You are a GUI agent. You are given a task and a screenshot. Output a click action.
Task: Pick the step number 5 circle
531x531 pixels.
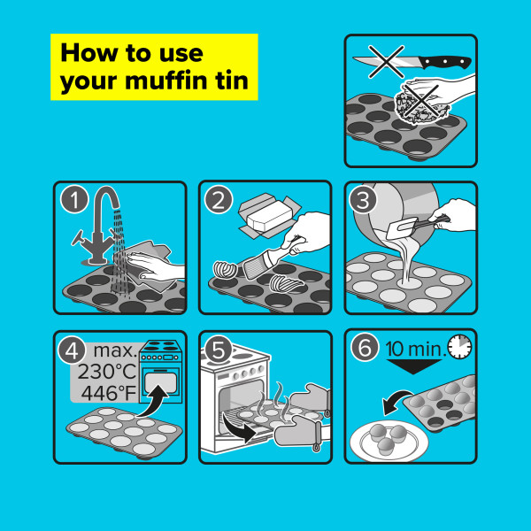point(219,350)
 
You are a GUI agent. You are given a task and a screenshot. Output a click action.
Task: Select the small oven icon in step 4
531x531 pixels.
point(162,370)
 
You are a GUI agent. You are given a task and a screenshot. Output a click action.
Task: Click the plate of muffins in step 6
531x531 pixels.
point(388,437)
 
